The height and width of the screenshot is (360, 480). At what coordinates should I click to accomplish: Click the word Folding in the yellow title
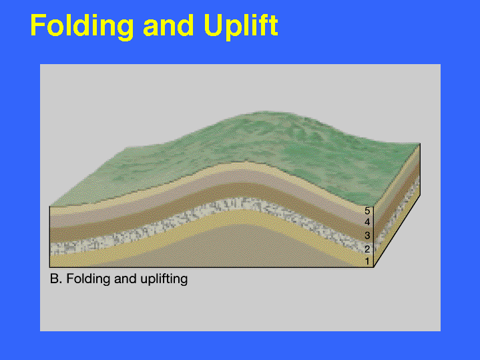(82, 27)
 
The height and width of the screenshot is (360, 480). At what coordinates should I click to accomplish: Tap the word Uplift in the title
(241, 27)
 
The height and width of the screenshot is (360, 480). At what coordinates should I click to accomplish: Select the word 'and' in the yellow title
(168, 25)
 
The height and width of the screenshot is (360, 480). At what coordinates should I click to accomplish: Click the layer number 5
(367, 211)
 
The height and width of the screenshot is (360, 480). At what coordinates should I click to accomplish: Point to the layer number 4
(367, 222)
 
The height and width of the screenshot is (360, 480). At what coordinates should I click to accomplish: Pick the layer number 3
(367, 235)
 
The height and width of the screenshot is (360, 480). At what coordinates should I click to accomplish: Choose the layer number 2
(367, 249)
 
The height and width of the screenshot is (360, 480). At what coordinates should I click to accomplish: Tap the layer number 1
(368, 261)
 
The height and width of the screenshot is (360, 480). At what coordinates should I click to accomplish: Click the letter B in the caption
(54, 279)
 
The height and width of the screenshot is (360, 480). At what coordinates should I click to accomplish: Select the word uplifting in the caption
(164, 279)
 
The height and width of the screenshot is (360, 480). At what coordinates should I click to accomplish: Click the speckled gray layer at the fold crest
(242, 204)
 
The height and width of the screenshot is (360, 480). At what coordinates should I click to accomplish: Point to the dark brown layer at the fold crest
(242, 190)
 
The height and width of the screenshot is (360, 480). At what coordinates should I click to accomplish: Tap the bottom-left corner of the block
(49, 267)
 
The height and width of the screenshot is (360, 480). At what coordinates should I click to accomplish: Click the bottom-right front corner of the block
(374, 267)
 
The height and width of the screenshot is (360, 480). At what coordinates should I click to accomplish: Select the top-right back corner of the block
(420, 143)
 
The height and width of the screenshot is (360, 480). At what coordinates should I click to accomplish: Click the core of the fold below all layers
(242, 245)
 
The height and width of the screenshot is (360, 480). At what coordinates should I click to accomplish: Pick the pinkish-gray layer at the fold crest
(242, 176)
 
